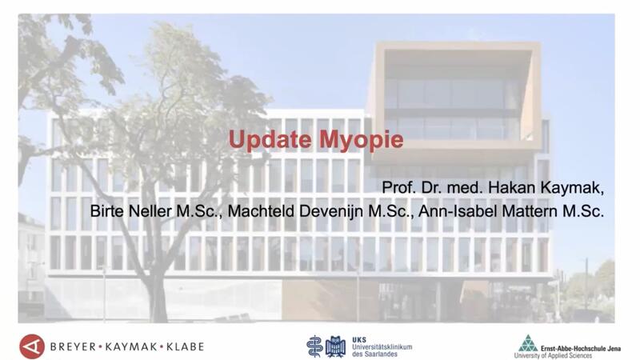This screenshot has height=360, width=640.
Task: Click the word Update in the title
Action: pos(270,139)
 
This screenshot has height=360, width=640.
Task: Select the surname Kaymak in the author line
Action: pos(572,188)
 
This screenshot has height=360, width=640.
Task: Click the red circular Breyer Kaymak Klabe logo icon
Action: pos(32,346)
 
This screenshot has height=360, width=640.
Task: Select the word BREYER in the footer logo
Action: pos(73,347)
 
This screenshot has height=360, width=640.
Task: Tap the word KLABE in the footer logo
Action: pos(185,347)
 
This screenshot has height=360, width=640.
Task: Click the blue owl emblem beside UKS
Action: pos(335,346)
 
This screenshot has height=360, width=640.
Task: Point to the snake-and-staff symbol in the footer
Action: pos(314,346)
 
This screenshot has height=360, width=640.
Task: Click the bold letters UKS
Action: pos(359,339)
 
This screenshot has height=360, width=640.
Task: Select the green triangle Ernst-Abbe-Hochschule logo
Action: pos(528,343)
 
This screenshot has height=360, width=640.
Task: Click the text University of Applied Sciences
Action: pos(553,356)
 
